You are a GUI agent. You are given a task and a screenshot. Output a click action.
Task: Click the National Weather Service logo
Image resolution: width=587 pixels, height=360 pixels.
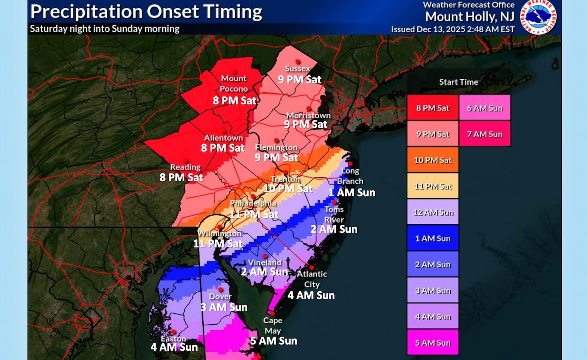coord(541,17)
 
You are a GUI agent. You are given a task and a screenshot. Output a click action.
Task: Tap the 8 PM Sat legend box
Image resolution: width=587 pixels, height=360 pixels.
coord(432,108)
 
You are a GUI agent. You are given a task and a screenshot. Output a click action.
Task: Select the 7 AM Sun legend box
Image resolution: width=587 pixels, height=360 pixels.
coord(485,134)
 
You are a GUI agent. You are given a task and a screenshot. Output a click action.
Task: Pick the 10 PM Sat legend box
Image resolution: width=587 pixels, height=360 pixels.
coord(432,160)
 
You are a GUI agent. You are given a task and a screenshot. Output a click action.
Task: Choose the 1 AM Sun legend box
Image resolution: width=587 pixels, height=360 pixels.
coord(432,238)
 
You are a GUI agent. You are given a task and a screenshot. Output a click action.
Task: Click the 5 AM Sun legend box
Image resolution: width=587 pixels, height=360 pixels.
coord(432,343)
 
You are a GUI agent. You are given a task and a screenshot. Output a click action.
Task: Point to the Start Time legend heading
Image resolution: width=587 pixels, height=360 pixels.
coord(459,82)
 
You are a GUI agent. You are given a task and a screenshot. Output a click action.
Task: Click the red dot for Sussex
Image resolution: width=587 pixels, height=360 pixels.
coord(298,61)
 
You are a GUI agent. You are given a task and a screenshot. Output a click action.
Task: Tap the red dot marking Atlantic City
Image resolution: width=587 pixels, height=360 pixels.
coord(311,267)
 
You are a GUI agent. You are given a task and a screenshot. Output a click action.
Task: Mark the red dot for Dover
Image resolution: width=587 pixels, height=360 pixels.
coord(221,289)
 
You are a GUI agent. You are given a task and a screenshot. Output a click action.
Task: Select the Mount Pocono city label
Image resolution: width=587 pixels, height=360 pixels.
coord(234,83)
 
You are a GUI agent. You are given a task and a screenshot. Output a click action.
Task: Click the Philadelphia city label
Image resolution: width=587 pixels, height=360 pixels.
coord(253,203)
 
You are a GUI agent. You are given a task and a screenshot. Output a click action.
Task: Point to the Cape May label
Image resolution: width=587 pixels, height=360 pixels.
coord(272,326)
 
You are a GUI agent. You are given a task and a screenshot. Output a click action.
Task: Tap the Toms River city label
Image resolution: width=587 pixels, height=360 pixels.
coord(334,214)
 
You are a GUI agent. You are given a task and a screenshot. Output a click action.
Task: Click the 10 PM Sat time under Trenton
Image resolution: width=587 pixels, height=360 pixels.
coord(288,188)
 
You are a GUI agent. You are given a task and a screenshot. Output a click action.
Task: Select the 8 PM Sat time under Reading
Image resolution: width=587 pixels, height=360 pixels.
coord(181,177)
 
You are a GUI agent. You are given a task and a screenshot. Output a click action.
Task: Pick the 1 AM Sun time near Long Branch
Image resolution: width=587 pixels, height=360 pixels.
coord(352,193)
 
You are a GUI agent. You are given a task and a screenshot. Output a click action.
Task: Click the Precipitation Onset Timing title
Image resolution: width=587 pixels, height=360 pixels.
coord(146,11)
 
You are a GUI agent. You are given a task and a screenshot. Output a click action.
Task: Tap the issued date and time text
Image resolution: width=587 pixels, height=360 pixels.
coord(453,29)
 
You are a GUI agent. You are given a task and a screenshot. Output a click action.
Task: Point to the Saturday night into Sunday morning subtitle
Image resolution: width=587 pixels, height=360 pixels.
coord(105,28)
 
